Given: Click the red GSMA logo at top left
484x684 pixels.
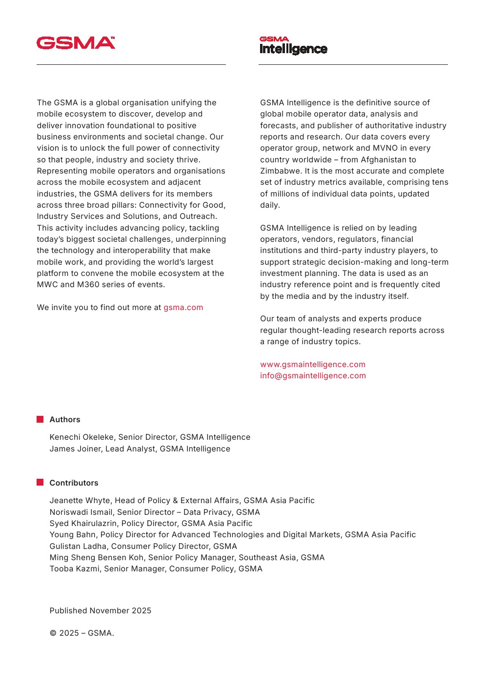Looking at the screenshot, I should (76, 43).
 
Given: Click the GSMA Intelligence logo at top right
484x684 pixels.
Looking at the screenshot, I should (293, 45).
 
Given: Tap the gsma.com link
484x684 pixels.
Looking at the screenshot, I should (183, 308).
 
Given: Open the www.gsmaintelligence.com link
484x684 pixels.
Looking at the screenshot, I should (312, 365).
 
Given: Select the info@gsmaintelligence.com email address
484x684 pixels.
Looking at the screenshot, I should (313, 376).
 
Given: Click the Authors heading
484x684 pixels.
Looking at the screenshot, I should (65, 420).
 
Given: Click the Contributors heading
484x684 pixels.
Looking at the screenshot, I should (74, 483).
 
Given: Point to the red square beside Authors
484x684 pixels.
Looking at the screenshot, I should (40, 419).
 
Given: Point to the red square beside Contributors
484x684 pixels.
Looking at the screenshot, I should (40, 483).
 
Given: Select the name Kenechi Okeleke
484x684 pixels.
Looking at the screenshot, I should (81, 437).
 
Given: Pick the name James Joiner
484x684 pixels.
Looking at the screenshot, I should (75, 449).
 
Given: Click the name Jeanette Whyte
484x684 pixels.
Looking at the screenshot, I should (80, 501).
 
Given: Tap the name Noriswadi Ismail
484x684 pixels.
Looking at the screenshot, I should (81, 512).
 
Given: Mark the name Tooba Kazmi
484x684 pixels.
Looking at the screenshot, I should (76, 569).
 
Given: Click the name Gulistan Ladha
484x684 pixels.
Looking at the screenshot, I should (78, 547).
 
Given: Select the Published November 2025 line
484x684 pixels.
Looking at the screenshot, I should (100, 611).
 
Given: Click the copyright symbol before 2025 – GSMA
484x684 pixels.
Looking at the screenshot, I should (53, 633).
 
